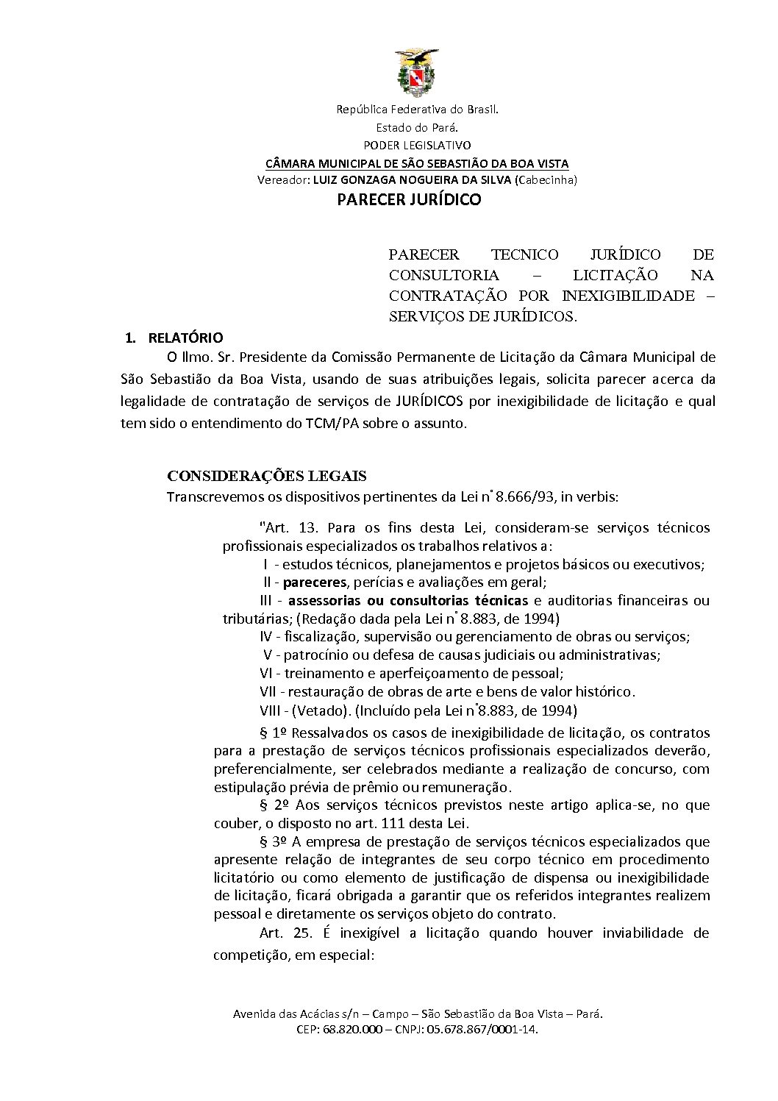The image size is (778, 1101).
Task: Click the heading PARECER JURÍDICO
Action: click(409, 199)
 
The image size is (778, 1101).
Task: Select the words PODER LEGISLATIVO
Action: click(417, 145)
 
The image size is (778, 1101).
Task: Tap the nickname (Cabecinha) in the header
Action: click(546, 179)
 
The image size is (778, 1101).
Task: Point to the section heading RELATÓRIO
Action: click(185, 338)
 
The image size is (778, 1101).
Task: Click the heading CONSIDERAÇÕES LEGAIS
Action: click(266, 476)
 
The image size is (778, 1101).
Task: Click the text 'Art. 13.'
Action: click(288, 528)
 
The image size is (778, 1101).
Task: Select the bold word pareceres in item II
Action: click(315, 582)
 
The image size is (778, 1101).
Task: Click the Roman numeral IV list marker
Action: click(265, 636)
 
